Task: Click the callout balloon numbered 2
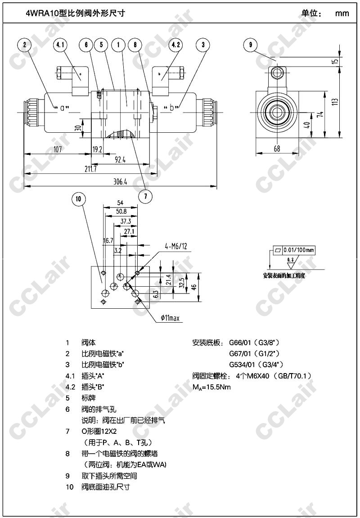(x=24, y=45)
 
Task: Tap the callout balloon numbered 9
(x=250, y=45)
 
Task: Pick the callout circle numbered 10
(x=78, y=199)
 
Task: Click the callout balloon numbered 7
(x=145, y=196)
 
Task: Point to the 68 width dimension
(x=276, y=149)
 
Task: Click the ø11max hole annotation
(x=170, y=319)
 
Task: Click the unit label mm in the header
(x=342, y=14)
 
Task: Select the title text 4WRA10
(x=43, y=13)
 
